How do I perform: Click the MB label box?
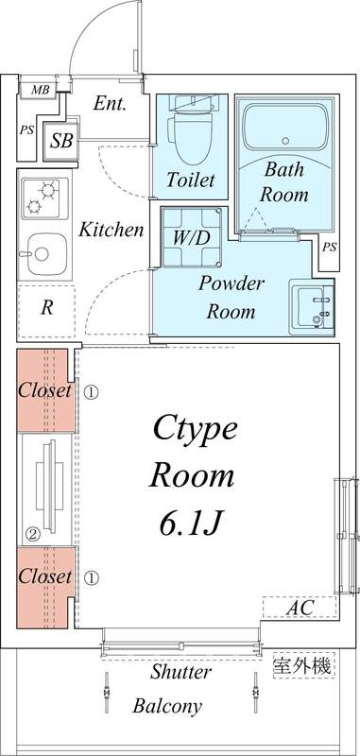[x=40, y=90]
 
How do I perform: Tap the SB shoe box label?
[x=61, y=141]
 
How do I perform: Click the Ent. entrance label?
[x=111, y=105]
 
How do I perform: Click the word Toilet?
[x=190, y=180]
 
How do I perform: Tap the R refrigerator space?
[x=45, y=306]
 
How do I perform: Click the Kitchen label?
[x=111, y=230]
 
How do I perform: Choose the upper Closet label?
[x=44, y=390]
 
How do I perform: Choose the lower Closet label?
[x=44, y=576]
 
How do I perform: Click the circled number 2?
[x=31, y=534]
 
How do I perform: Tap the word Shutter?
[x=181, y=673]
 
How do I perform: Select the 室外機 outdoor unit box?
[x=302, y=665]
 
